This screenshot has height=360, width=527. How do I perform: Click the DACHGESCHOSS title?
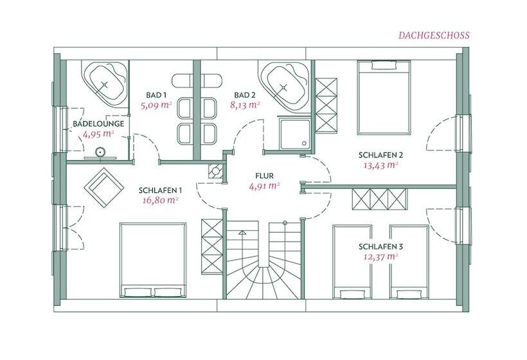(x=434, y=35)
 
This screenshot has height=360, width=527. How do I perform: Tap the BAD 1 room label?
(x=156, y=94)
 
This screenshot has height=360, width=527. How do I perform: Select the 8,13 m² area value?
(x=245, y=105)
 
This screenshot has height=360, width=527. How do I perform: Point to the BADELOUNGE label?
(x=98, y=123)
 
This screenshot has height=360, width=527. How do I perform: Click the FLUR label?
(x=265, y=175)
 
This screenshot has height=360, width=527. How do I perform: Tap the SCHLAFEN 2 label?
(x=381, y=156)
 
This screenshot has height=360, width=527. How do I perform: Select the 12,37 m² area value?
(x=381, y=256)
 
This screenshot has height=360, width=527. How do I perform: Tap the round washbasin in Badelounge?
(x=100, y=152)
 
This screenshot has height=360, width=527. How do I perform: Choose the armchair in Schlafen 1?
(x=104, y=188)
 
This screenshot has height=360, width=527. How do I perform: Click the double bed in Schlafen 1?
(x=153, y=260)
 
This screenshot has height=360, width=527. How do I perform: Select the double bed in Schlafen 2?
(x=384, y=98)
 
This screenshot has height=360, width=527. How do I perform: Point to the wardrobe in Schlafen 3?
(x=379, y=199)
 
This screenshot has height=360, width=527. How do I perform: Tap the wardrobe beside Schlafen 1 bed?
(x=212, y=247)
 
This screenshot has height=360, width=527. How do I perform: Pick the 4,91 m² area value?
(x=265, y=186)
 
